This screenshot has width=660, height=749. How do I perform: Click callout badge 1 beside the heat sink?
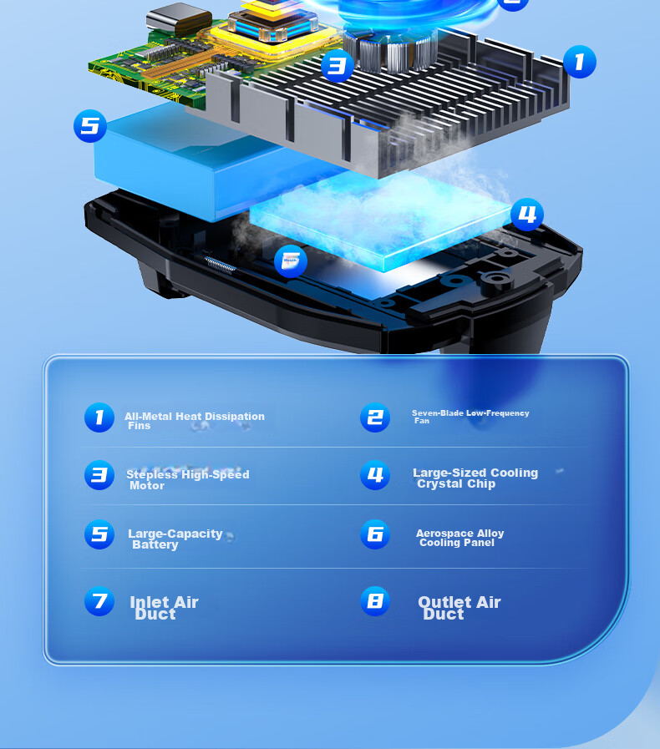(x=579, y=62)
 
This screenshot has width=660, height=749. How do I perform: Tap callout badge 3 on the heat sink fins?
(x=337, y=65)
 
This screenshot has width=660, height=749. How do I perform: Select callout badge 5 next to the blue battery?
(x=90, y=126)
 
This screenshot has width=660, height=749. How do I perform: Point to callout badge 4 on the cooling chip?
(x=526, y=215)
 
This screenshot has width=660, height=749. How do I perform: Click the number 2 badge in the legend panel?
(x=374, y=418)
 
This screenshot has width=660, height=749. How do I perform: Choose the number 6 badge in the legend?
(x=374, y=534)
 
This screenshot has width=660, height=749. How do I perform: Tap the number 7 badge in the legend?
(x=99, y=601)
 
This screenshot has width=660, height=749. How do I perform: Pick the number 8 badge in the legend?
(x=374, y=601)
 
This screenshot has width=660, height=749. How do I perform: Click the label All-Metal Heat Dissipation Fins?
(x=195, y=421)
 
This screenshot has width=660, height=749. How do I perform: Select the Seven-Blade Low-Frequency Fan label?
(x=470, y=417)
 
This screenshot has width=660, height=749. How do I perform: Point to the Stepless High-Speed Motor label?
(x=188, y=479)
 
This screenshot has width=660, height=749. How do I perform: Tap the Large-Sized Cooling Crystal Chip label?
(x=475, y=478)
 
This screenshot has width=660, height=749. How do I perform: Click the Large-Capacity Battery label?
(x=175, y=539)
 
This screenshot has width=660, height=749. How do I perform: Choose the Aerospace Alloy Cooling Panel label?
(x=459, y=538)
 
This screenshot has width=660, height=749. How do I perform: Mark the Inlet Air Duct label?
(x=164, y=608)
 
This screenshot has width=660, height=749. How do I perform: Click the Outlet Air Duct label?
(x=459, y=608)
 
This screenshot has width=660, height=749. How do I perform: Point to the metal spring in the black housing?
(x=220, y=265)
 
